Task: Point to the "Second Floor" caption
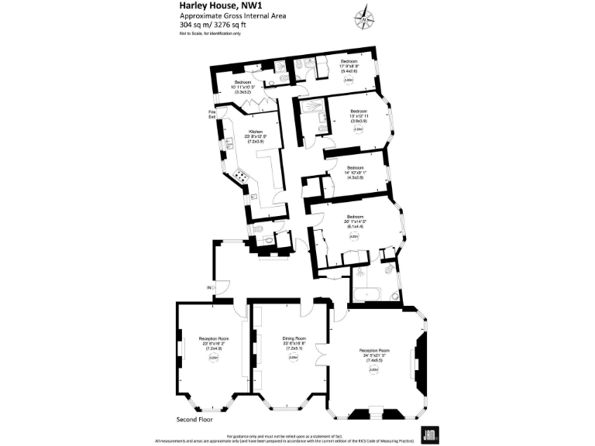pyautogui.click(x=194, y=419)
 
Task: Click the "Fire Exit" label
pyautogui.click(x=212, y=115)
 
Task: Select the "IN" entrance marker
pyautogui.click(x=208, y=288)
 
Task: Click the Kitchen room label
pyautogui.click(x=256, y=132)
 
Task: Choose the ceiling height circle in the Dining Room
pyautogui.click(x=294, y=357)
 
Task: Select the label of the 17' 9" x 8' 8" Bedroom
pyautogui.click(x=349, y=60)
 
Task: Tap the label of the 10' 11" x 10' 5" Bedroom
pyautogui.click(x=243, y=82)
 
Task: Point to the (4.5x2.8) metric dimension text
pyautogui.click(x=355, y=178)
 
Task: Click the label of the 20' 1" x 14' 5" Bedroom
pyautogui.click(x=355, y=216)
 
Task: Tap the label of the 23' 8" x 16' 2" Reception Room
pyautogui.click(x=213, y=339)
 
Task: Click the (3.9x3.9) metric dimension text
pyautogui.click(x=358, y=121)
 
